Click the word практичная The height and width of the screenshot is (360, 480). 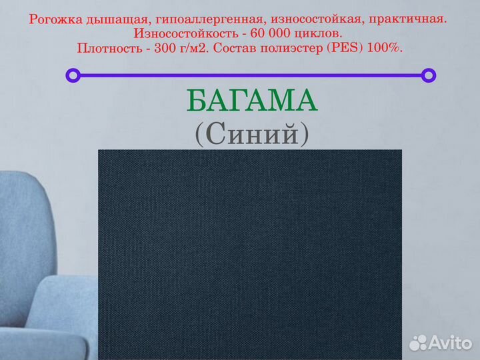(407, 20)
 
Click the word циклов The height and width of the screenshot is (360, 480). (322, 34)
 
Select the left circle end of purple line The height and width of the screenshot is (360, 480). (73, 75)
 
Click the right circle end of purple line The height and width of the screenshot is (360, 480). (429, 75)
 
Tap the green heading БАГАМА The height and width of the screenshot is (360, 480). (252, 101)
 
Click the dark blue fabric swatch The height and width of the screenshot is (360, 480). (250, 253)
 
